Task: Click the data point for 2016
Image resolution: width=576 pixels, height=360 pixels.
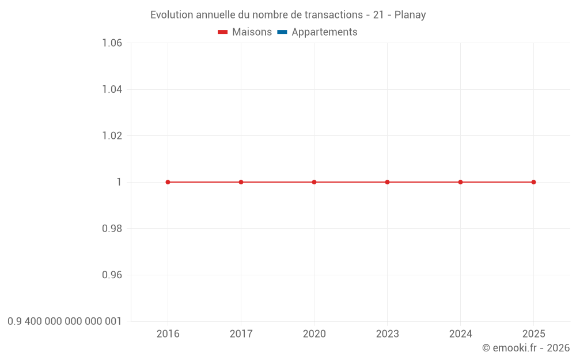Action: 168,182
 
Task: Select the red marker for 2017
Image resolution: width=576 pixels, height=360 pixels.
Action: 241,182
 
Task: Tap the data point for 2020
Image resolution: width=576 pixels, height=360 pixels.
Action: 314,182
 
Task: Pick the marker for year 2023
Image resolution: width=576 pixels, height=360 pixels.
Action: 387,182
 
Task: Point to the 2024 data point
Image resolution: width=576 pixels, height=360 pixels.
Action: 460,182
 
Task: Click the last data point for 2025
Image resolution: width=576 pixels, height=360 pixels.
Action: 533,182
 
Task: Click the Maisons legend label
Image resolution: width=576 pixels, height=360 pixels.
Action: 252,32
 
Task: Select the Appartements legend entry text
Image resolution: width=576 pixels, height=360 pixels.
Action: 324,32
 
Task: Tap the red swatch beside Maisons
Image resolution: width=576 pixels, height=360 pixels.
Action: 223,32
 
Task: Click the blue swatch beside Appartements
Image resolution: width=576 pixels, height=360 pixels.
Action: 282,32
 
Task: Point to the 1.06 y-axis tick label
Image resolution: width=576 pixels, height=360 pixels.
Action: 112,43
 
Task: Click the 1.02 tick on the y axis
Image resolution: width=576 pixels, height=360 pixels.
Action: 112,136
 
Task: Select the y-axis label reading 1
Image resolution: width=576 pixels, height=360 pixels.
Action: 119,182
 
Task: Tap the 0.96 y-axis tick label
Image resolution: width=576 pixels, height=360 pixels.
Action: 112,275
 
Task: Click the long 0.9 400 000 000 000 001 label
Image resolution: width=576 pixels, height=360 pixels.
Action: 65,321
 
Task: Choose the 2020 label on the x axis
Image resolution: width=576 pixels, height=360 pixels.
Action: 314,334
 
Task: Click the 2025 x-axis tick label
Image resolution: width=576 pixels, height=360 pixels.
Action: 533,334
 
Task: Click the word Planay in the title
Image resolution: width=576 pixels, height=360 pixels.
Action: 410,15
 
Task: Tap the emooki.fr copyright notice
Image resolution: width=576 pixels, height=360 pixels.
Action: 525,348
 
